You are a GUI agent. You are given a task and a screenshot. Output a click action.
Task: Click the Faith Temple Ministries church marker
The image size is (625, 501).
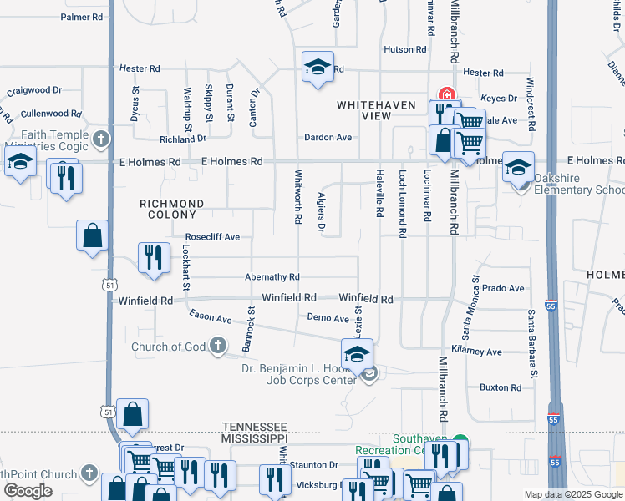tap(100, 139)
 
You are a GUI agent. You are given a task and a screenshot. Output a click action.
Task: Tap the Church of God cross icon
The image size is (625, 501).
tap(217, 344)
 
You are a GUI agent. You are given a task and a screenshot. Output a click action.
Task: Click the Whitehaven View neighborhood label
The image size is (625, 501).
tap(364, 110)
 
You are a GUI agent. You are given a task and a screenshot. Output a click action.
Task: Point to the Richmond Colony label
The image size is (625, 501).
tap(171, 209)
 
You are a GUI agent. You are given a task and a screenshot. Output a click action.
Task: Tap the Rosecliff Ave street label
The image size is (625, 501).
tap(212, 237)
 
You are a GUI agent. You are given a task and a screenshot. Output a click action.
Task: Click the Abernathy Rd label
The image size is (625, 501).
tap(272, 277)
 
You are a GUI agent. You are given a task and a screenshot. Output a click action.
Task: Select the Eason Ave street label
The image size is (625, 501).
tap(210, 318)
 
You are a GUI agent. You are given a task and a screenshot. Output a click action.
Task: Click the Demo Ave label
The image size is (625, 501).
tap(328, 318)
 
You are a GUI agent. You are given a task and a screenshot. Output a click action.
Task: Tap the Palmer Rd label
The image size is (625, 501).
tap(81, 17)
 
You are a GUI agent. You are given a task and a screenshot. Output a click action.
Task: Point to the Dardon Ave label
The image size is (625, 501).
tap(328, 137)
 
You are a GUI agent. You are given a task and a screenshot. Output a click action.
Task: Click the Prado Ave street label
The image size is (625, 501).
tap(503, 288)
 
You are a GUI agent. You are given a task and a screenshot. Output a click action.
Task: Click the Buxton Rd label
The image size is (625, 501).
tap(501, 387)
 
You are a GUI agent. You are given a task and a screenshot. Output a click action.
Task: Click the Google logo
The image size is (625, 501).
tap(28, 491)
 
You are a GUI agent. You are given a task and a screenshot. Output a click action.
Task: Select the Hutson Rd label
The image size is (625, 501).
tap(405, 50)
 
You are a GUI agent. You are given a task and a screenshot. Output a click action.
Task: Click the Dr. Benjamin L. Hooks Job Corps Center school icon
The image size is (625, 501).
tap(357, 354)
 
